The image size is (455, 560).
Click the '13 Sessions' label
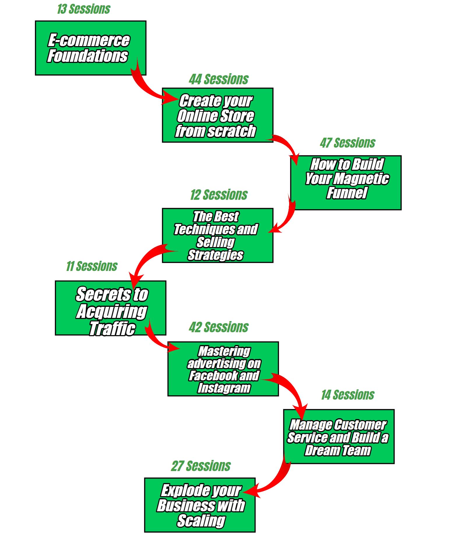point(84,9)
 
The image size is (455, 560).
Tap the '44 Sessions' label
point(219,79)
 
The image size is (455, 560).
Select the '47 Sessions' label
point(347,143)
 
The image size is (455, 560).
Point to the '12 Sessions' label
point(219,195)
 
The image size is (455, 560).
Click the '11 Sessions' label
point(92,266)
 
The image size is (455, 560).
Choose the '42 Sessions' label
point(219,327)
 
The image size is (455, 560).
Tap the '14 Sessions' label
point(348,395)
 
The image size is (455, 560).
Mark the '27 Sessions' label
point(201,466)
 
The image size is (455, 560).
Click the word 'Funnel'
point(347,193)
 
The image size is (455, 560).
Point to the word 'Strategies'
point(215,255)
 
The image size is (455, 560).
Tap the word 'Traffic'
point(112,329)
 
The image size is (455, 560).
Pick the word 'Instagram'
point(224,388)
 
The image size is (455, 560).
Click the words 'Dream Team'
point(338,450)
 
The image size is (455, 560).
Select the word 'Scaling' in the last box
point(201,521)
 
